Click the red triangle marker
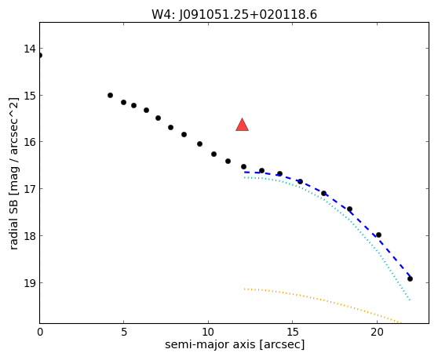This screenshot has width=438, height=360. (x=243, y=125)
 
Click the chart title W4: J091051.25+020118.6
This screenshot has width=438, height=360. (x=234, y=14)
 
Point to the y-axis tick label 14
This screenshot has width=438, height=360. (x=30, y=49)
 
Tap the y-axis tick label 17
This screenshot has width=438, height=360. (x=30, y=189)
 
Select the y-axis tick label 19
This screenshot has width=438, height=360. (x=30, y=283)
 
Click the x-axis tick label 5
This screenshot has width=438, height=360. (x=124, y=332)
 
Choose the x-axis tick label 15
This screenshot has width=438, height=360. (x=292, y=332)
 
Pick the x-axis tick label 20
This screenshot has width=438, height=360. (x=377, y=332)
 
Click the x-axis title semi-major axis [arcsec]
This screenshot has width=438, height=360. (x=235, y=344)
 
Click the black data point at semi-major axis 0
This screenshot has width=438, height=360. (x=40, y=55)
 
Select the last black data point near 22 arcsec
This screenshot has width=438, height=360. (x=410, y=278)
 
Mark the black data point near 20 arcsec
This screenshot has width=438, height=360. (x=379, y=235)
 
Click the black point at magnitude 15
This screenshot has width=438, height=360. (x=111, y=96)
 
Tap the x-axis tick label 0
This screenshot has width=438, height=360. (x=40, y=332)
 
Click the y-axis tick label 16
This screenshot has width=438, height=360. (x=30, y=142)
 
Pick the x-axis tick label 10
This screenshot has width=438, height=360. (x=208, y=332)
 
